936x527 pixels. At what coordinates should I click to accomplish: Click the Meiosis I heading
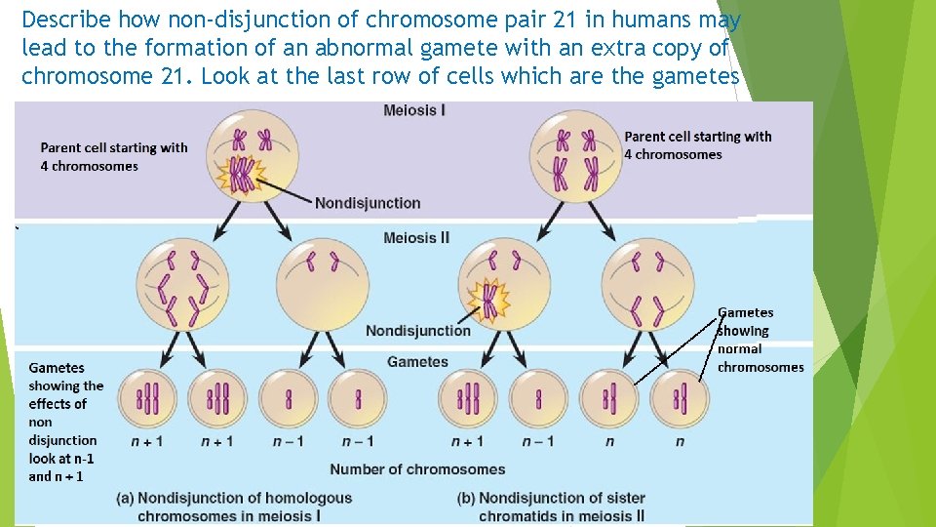414,110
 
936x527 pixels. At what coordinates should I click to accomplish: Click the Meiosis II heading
416,238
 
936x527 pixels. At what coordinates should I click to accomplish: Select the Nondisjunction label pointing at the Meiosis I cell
368,203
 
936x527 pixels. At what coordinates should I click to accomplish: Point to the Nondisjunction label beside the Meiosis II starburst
417,331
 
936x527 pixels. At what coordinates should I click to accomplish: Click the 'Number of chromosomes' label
417,469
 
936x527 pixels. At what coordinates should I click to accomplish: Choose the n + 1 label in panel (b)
469,441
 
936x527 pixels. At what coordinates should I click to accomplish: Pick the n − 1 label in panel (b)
538,441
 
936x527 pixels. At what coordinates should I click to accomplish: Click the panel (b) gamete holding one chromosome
539,398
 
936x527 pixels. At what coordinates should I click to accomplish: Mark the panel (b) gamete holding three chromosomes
469,398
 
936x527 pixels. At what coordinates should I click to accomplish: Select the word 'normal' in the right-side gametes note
739,348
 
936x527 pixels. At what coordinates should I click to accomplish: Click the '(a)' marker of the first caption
126,498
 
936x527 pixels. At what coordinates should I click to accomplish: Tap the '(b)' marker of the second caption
466,498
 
